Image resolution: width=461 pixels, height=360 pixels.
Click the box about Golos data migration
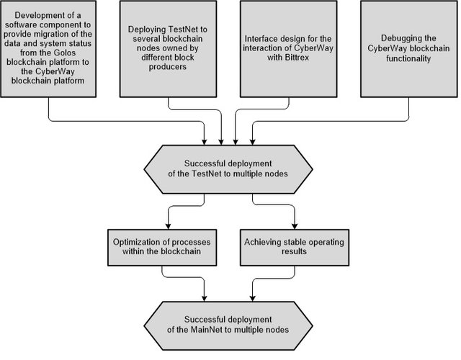(x=48, y=49)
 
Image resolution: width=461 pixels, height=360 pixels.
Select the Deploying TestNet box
(x=168, y=49)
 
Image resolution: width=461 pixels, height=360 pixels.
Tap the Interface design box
(x=288, y=49)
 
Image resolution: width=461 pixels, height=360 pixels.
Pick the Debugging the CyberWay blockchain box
(x=409, y=49)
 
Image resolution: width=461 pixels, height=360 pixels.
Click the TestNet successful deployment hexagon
(x=228, y=169)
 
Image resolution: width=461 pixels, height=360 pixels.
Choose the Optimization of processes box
(x=162, y=248)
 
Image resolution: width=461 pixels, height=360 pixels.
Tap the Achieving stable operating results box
(x=295, y=248)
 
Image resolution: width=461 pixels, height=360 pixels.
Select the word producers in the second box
(x=168, y=67)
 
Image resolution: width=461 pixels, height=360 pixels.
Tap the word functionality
(x=408, y=58)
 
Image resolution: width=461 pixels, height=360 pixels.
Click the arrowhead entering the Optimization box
(x=168, y=226)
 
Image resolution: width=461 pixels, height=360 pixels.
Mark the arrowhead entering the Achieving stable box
(x=295, y=226)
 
